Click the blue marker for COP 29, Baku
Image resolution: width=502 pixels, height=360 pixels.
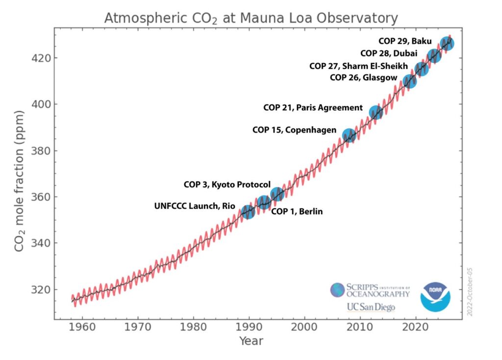click(447, 44)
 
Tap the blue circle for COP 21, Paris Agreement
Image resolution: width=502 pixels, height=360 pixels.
click(376, 112)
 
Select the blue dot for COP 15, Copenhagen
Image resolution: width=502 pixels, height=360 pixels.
click(349, 136)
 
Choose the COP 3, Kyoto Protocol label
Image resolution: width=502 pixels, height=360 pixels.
click(227, 185)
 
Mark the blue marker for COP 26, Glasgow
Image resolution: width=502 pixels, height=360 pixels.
click(410, 81)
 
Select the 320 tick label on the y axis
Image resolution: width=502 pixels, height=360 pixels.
click(40, 289)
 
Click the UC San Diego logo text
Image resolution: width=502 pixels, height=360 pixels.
click(371, 307)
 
